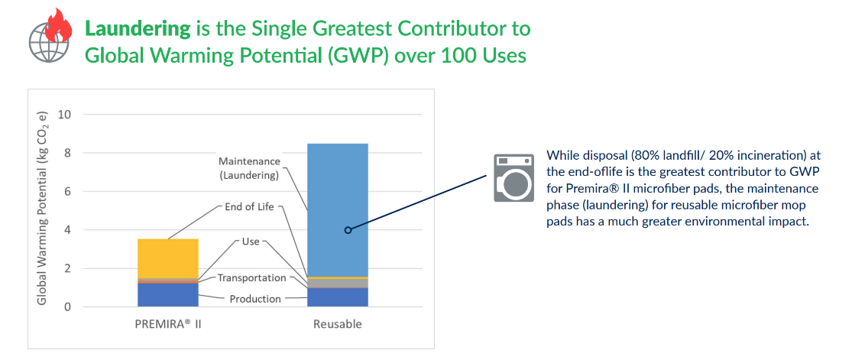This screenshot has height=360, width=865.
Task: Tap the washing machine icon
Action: pyautogui.click(x=513, y=178)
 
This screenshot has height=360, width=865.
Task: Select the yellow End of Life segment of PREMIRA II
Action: pyautogui.click(x=167, y=258)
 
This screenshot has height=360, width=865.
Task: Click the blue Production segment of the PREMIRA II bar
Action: pyautogui.click(x=167, y=295)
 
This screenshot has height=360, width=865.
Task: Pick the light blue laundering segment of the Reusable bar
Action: pyautogui.click(x=338, y=210)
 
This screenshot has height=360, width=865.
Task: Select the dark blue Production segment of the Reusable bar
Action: pyautogui.click(x=338, y=297)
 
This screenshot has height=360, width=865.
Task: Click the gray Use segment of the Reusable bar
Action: pyautogui.click(x=338, y=284)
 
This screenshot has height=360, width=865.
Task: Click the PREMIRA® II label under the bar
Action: pyautogui.click(x=167, y=323)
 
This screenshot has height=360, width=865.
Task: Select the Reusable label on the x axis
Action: pyautogui.click(x=338, y=324)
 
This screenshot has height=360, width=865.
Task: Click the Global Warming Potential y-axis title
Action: pyautogui.click(x=43, y=208)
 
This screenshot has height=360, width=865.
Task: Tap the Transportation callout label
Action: pyautogui.click(x=251, y=277)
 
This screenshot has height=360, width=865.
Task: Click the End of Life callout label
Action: pyautogui.click(x=250, y=207)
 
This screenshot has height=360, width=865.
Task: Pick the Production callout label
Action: pyautogui.click(x=255, y=299)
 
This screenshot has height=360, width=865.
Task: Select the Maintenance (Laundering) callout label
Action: pyautogui.click(x=249, y=168)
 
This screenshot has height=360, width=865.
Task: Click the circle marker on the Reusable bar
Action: pyautogui.click(x=348, y=230)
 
